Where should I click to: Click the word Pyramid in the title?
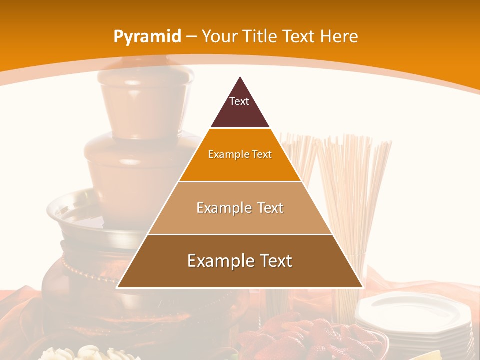147,37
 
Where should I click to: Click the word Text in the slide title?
299,37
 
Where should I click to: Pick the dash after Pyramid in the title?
191,37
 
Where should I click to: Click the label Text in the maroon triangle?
239,101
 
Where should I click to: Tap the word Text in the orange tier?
262,154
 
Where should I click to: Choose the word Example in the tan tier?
221,208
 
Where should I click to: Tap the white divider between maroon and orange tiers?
240,128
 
